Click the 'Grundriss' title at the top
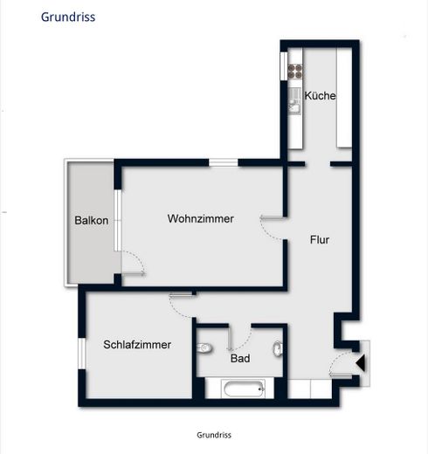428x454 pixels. (68, 17)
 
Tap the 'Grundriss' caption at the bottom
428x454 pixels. (214, 434)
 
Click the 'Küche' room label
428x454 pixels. (321, 96)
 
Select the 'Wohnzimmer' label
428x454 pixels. (201, 219)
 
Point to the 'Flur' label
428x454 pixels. (319, 237)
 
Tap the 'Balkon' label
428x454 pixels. (92, 220)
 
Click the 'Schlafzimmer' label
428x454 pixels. (137, 345)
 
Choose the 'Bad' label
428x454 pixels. (240, 358)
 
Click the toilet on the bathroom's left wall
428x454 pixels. (205, 348)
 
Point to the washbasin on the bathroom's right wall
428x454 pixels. (277, 350)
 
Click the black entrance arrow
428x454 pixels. (360, 359)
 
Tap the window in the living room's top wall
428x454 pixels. (224, 162)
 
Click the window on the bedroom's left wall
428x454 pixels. (81, 358)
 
